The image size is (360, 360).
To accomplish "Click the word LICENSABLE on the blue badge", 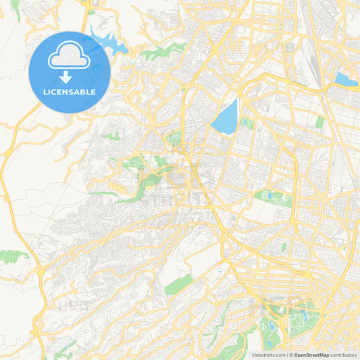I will tap(70, 92).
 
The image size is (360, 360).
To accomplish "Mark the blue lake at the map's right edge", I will tap(345, 80).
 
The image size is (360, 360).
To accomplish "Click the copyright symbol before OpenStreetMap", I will tap(291, 355).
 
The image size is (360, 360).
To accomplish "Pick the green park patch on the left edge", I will tap(12, 255).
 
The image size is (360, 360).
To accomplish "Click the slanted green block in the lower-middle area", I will tap(179, 284).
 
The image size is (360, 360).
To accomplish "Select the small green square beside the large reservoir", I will tap(247, 123).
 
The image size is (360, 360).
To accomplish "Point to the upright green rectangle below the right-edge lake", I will tap(319, 122).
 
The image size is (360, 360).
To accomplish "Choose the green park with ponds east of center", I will tap(275, 197).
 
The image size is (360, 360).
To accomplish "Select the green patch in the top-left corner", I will tap(15, 5).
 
